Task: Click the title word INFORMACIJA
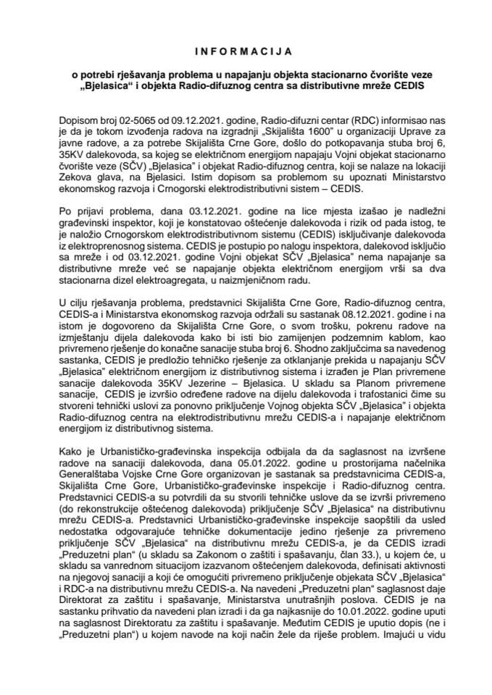246,52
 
